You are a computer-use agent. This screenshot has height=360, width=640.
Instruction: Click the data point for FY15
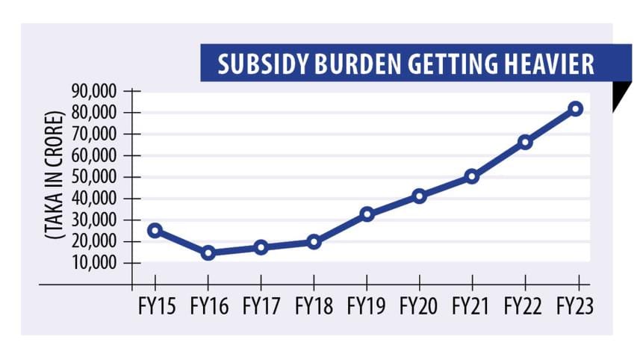tap(155, 230)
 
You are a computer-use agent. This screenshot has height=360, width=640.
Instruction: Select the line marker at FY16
tap(208, 253)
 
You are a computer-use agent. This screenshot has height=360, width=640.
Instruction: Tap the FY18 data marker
tap(314, 241)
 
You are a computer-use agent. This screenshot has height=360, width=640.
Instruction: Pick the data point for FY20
tap(419, 196)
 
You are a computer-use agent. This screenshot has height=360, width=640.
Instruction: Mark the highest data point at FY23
tap(576, 108)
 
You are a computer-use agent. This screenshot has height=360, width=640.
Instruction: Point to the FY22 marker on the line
tap(525, 142)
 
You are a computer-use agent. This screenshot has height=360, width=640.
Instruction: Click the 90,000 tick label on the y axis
tap(96, 91)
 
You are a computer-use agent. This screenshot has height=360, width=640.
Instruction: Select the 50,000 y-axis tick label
tap(96, 177)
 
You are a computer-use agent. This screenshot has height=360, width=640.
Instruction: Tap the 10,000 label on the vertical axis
tap(96, 263)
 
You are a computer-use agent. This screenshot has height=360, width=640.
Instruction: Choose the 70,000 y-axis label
tap(96, 134)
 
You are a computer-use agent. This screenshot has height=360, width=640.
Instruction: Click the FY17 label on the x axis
tap(261, 305)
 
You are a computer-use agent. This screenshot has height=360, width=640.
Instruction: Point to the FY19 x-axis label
tap(366, 305)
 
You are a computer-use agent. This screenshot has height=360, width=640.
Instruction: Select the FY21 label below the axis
tap(471, 305)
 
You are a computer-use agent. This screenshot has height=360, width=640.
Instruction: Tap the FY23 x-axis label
tap(576, 305)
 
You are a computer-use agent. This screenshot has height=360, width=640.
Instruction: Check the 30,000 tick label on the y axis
tap(96, 220)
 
